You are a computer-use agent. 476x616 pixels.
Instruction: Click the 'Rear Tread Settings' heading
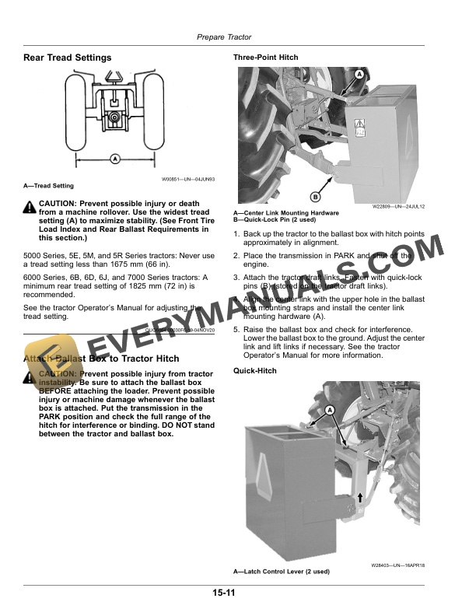[67, 58]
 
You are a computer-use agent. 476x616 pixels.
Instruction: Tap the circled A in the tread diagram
[115, 159]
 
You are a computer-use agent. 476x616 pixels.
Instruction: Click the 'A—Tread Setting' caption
[48, 186]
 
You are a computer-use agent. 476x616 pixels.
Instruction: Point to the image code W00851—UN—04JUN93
[188, 179]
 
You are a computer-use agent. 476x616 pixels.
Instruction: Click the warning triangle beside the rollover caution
[30, 205]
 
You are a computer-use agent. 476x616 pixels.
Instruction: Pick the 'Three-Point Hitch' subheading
[265, 58]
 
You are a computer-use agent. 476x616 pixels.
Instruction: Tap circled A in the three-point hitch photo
[360, 74]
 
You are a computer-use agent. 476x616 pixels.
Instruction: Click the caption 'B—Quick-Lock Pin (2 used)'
[275, 219]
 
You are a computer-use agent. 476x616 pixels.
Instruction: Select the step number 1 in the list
[236, 233]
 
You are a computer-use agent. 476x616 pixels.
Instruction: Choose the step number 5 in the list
[236, 330]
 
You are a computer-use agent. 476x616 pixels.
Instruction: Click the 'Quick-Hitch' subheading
[255, 371]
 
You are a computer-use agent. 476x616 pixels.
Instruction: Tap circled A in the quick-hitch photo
[329, 410]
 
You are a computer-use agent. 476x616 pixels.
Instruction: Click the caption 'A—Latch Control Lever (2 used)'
[282, 572]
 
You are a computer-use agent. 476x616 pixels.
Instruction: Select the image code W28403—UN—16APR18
[397, 565]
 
